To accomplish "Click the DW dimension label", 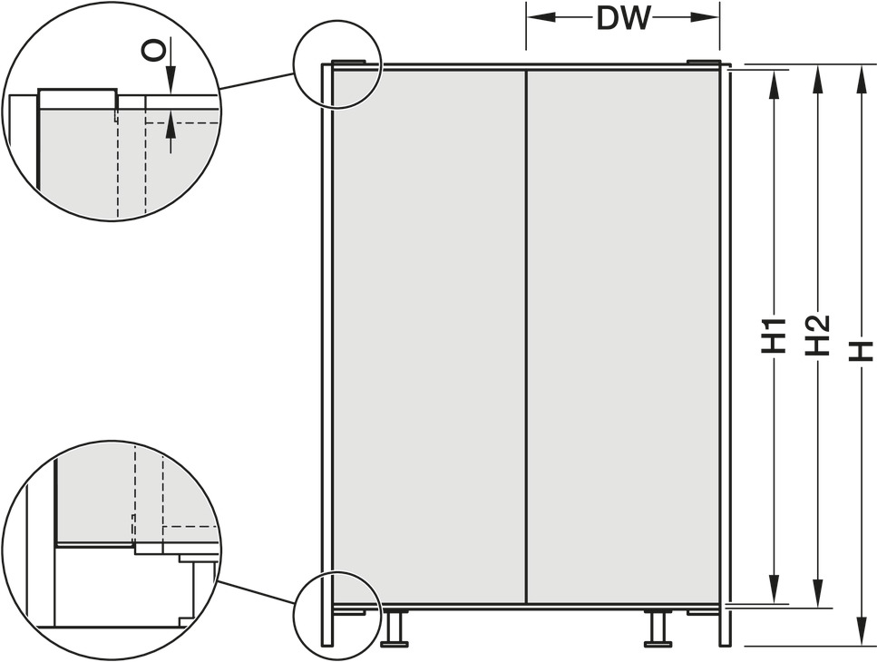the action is pos(624,18).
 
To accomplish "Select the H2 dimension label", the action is pos(817,336).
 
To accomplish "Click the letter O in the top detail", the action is pos(152,53).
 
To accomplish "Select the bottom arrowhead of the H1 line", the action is pos(775,589).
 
